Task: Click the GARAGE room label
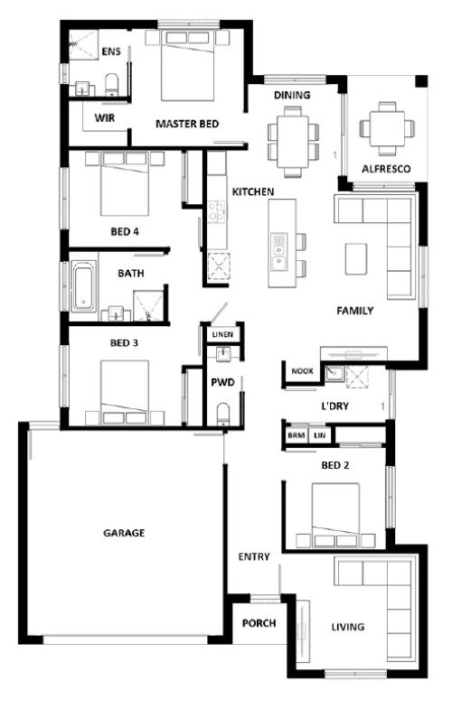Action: (124, 533)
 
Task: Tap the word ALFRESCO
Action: (386, 169)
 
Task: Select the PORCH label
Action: (259, 623)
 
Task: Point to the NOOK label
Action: (302, 371)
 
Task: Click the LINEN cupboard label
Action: (222, 334)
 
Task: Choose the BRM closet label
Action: (296, 435)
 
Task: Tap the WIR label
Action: (105, 118)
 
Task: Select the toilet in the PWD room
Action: (223, 415)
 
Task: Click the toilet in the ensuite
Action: (112, 85)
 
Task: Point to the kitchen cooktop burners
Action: (217, 212)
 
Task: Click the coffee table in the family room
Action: (356, 258)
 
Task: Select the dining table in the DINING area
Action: (293, 142)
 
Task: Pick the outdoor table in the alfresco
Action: (386, 128)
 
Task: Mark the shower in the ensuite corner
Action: (83, 44)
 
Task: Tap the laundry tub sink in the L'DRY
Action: (334, 373)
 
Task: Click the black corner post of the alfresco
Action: (421, 81)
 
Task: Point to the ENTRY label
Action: (254, 556)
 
